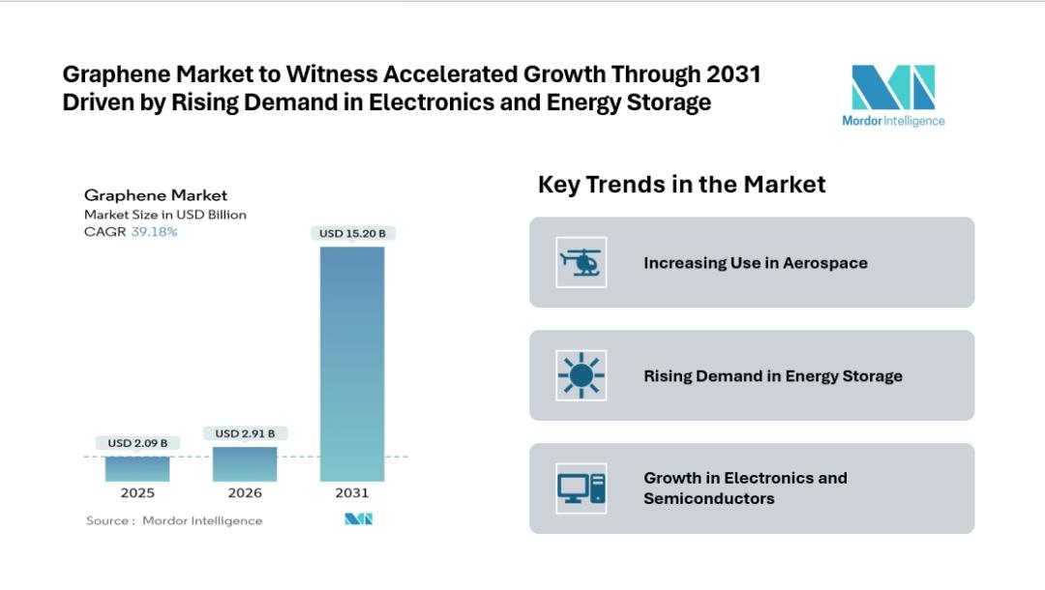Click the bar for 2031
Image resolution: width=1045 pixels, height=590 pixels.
[x=352, y=364]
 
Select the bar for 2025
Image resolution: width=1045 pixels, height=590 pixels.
[x=137, y=468]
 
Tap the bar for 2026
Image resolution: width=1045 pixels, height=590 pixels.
[x=245, y=463]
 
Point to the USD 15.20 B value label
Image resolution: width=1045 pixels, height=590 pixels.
[x=352, y=233]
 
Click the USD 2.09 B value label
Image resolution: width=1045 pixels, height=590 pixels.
[x=137, y=443]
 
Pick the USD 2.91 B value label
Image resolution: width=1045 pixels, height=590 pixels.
[x=245, y=433]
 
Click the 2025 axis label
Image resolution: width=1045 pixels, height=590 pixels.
[x=137, y=493]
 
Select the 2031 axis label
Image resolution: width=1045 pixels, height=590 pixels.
[x=352, y=493]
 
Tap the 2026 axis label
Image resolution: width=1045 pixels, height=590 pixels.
[x=245, y=493]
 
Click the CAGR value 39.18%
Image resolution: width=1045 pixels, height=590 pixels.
[x=154, y=232]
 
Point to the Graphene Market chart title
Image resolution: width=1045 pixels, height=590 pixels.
[x=156, y=195]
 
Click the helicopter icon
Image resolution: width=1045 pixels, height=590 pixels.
[x=582, y=262]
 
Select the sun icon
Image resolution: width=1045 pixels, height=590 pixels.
[x=582, y=375]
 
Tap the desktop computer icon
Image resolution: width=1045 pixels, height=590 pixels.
[x=582, y=487]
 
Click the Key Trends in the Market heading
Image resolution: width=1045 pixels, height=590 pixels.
[x=681, y=184]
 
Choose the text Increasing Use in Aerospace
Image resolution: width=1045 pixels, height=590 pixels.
[x=756, y=263]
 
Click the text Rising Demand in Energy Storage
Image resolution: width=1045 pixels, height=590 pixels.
[x=773, y=376]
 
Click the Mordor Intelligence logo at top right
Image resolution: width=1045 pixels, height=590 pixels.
[x=893, y=96]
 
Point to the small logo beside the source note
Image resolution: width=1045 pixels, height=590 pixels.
[x=359, y=519]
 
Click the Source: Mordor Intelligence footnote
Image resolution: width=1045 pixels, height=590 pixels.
[x=174, y=520]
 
